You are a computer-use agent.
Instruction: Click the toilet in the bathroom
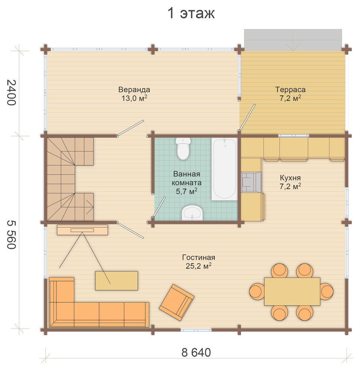183,148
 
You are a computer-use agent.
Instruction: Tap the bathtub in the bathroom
224,169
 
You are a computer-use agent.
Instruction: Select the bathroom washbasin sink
192,213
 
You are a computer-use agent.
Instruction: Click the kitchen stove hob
251,182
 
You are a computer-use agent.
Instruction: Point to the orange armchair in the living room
177,302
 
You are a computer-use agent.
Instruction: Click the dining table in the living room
292,292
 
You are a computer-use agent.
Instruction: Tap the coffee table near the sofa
117,281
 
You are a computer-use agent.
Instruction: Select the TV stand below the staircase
83,230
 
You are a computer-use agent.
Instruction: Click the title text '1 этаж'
191,13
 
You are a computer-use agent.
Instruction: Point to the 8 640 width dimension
196,352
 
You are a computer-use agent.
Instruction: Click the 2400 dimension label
11,93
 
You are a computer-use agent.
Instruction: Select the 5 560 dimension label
11,235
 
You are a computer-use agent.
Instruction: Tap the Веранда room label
134,90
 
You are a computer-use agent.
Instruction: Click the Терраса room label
291,90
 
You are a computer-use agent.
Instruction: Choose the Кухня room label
290,178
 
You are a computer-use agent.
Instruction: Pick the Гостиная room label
199,257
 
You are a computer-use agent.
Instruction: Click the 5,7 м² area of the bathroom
186,191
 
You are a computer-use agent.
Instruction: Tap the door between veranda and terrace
247,117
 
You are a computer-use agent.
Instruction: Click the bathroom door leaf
159,207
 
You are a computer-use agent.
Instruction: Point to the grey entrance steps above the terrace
293,40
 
